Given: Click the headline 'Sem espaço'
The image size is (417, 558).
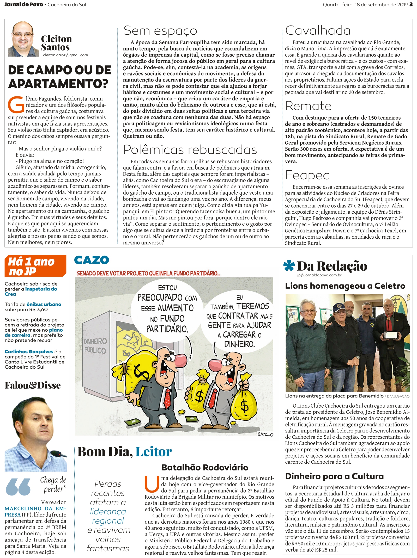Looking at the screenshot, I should (160, 31).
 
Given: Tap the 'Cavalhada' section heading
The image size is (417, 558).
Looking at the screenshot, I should (318, 31).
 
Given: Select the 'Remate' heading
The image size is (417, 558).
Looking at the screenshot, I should (308, 106).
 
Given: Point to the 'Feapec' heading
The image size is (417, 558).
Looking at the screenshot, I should (307, 175).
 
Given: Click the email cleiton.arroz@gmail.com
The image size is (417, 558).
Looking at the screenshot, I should (65, 55).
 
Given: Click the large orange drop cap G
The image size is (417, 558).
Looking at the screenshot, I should (16, 105).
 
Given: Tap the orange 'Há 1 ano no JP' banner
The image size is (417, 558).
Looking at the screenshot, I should (35, 266).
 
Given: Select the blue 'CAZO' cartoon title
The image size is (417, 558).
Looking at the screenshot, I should (92, 260).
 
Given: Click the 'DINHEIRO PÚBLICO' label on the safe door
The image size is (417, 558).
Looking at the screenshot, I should (95, 346).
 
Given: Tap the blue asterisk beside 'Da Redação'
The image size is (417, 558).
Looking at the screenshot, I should (289, 266).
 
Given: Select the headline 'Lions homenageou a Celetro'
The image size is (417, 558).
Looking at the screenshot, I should (345, 286).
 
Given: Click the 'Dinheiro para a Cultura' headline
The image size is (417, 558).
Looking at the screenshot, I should (334, 476).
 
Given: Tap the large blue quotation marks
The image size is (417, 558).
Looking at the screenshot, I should (18, 486).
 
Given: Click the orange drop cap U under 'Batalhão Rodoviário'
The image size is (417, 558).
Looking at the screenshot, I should (152, 484).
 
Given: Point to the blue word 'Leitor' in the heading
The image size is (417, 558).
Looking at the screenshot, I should (154, 452).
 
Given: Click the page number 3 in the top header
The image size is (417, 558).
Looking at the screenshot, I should (411, 4).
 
